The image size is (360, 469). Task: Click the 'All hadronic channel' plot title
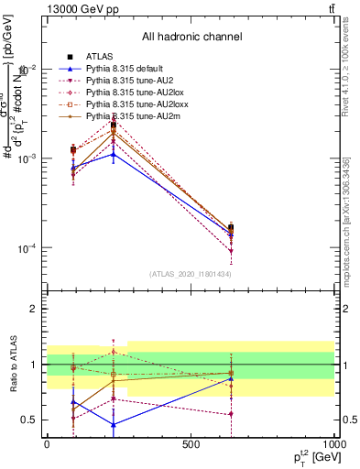(191, 37)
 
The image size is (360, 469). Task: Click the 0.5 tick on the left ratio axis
(28, 420)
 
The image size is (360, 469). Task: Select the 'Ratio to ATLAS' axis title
(13, 364)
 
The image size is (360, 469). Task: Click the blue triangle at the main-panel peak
(113, 154)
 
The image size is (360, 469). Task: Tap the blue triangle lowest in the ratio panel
(113, 424)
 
